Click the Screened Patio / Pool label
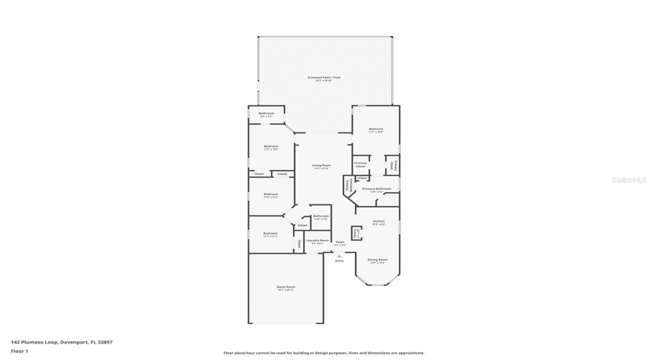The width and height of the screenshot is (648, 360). [x=324, y=78]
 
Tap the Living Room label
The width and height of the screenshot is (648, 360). [x=321, y=167]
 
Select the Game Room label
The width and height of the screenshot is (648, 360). [x=287, y=288]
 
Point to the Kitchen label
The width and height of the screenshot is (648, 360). [x=379, y=222]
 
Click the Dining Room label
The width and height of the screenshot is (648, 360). [x=378, y=261]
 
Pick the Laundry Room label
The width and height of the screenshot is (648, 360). [x=318, y=241]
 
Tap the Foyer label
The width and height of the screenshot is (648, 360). [x=340, y=243]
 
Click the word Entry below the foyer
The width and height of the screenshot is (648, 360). [x=340, y=261]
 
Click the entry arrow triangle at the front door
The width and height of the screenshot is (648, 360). [x=340, y=255]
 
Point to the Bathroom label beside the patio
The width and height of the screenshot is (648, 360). [x=266, y=114]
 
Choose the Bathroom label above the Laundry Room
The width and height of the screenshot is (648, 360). [x=321, y=217]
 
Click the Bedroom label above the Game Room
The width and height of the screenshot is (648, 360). [x=271, y=234]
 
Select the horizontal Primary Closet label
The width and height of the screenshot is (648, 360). [x=361, y=164]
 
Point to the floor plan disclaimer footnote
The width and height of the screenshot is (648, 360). [x=324, y=353]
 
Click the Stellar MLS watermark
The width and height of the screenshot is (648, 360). [x=629, y=181]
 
